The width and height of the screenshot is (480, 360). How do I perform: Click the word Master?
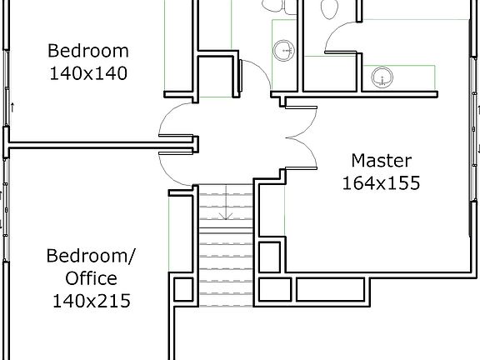381,159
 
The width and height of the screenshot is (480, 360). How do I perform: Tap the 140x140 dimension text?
87,72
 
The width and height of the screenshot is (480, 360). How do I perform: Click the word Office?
92,277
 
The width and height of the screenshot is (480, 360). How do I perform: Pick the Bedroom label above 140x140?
87,49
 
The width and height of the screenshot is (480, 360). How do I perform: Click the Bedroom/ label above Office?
92,254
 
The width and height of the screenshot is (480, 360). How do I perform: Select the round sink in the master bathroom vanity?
382,77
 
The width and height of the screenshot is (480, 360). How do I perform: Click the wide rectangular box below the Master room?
331,289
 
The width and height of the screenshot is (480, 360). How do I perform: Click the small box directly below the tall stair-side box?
270,289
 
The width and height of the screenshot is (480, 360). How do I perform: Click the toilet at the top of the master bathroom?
328,8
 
